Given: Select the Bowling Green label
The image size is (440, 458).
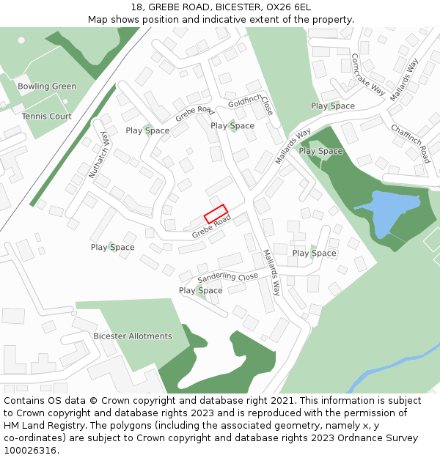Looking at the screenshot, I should coord(47,86).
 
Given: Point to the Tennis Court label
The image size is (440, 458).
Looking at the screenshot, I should coord(46,117).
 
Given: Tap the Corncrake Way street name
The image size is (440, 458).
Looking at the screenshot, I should coord(367,74).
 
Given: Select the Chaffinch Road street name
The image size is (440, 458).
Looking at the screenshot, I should coord(410,143).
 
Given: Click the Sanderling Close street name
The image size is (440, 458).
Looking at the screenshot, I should coord(227,278).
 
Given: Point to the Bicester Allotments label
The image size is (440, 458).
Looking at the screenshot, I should coord(133,336).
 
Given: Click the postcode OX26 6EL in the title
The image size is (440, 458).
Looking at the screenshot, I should coord(282,7).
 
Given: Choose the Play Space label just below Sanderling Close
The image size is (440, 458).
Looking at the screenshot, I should coord(200,291).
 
